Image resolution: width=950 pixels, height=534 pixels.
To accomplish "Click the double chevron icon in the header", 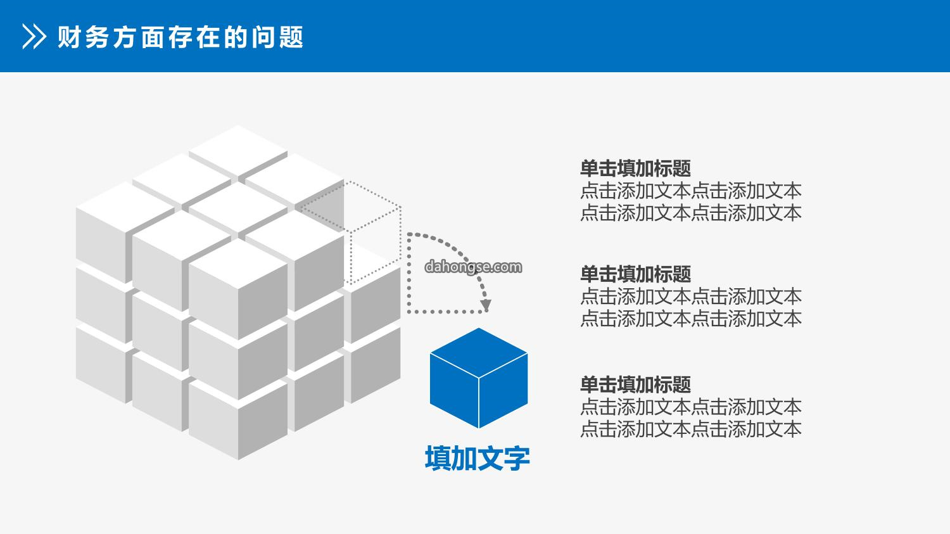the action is [34, 37].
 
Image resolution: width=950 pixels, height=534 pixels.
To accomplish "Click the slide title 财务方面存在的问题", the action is [180, 37].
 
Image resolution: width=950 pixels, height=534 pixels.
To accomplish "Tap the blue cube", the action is [479, 378].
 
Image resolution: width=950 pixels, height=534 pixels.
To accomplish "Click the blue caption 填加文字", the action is [478, 458].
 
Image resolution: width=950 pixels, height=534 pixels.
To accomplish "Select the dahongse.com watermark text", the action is [473, 267].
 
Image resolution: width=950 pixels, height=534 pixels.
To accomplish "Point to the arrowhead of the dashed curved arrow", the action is [486, 305].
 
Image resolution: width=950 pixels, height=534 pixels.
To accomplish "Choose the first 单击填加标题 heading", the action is [635, 168].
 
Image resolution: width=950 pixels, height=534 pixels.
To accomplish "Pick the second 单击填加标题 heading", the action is [635, 274].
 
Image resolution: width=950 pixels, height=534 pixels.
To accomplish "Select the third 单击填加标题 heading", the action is [635, 385].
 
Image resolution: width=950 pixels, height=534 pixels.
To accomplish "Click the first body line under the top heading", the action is [691, 191].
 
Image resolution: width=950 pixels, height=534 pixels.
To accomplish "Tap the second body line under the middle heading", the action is [691, 319].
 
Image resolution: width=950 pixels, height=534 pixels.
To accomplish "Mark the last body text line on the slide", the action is [691, 429].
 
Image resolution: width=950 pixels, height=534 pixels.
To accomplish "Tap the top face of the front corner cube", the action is [238, 264].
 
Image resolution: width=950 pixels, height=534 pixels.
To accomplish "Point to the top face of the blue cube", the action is [479, 352].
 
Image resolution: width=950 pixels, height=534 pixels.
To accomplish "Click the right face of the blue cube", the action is [503, 391].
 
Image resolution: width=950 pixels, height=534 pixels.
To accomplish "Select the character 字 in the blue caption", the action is [517, 458].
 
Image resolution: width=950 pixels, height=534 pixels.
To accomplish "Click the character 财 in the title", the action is [69, 37].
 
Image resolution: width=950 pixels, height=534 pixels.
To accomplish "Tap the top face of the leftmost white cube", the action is [125, 207].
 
